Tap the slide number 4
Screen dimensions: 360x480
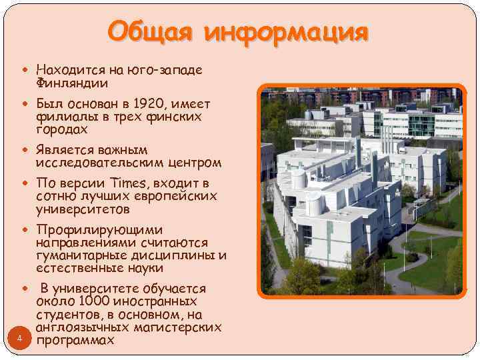click(x=20, y=339)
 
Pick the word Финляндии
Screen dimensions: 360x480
click(x=72, y=83)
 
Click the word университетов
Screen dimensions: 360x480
click(x=83, y=209)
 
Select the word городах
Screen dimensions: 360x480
click(x=62, y=129)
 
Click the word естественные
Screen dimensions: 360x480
click(x=79, y=268)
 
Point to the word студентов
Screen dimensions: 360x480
click(x=67, y=315)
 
